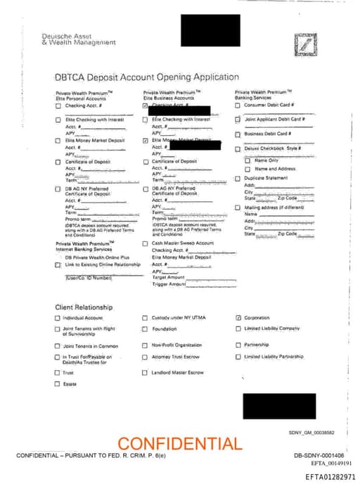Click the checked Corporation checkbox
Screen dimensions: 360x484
[x=238, y=318]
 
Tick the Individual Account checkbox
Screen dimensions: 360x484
[x=58, y=318]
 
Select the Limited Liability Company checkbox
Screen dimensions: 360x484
[x=238, y=329]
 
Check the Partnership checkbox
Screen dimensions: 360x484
[x=238, y=345]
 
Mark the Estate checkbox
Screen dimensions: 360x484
[x=58, y=384]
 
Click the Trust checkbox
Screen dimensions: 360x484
[x=58, y=373]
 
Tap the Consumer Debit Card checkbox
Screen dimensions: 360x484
[x=238, y=106]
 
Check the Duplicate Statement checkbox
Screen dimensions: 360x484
[x=238, y=178]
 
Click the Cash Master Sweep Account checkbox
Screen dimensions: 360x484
[x=146, y=243]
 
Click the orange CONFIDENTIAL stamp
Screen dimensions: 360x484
[x=179, y=444]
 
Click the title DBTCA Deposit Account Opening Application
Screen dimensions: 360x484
[x=146, y=77]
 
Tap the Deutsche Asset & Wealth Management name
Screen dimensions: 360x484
[x=79, y=39]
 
